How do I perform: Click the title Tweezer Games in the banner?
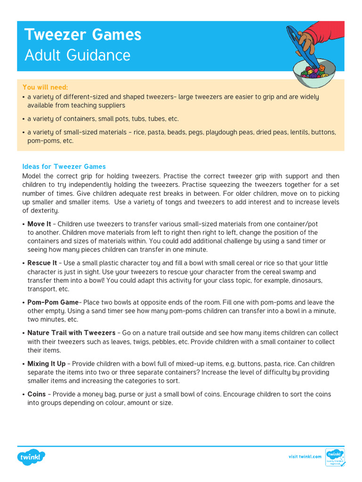pos(82,35)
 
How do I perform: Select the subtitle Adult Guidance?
pos(77,56)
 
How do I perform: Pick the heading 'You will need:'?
pos(45,87)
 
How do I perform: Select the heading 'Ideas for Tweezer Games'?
pos(64,167)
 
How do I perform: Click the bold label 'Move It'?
pos(39,224)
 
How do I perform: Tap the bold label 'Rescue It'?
pos(42,263)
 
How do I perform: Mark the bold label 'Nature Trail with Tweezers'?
pos(71,333)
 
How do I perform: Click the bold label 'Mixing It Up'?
pos(46,364)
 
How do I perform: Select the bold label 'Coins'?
pos(37,394)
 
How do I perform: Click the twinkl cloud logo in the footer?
pos(32,457)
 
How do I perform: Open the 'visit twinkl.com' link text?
pos(305,457)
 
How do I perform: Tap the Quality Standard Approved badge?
pos(335,457)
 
